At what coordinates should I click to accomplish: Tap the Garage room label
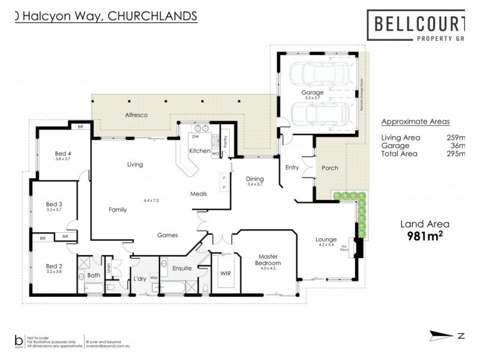[313, 92]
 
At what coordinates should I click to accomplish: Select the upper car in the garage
[314, 76]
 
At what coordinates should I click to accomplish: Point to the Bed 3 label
[55, 204]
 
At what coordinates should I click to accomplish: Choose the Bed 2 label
[55, 265]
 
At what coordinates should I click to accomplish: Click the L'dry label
[140, 278]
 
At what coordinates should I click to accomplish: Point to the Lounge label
[326, 239]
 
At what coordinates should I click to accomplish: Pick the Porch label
[330, 168]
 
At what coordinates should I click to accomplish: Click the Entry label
[292, 167]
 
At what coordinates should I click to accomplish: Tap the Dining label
[255, 178]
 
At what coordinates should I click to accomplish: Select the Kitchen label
[200, 151]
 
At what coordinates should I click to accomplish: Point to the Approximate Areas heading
[415, 121]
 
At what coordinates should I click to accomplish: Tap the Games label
[167, 235]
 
